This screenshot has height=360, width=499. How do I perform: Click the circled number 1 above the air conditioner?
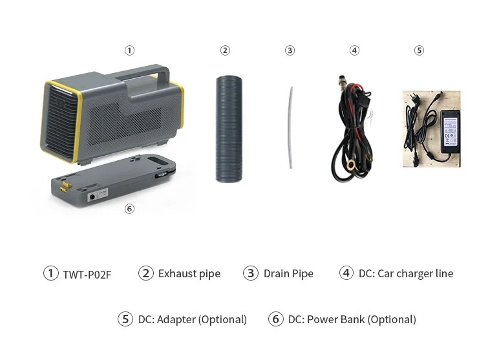[129, 50]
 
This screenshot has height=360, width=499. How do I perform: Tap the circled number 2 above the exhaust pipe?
[225, 50]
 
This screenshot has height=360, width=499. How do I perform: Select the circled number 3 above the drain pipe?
[290, 50]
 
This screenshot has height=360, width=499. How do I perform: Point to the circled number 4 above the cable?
[354, 50]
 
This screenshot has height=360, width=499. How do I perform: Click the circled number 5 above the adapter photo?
[419, 50]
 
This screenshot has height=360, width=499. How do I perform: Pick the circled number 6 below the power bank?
[129, 209]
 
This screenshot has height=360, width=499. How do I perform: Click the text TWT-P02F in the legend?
[87, 274]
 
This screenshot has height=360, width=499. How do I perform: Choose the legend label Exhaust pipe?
[189, 273]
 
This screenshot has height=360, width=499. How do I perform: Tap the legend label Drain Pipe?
[288, 273]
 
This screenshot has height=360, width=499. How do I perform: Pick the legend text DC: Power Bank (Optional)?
[352, 319]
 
